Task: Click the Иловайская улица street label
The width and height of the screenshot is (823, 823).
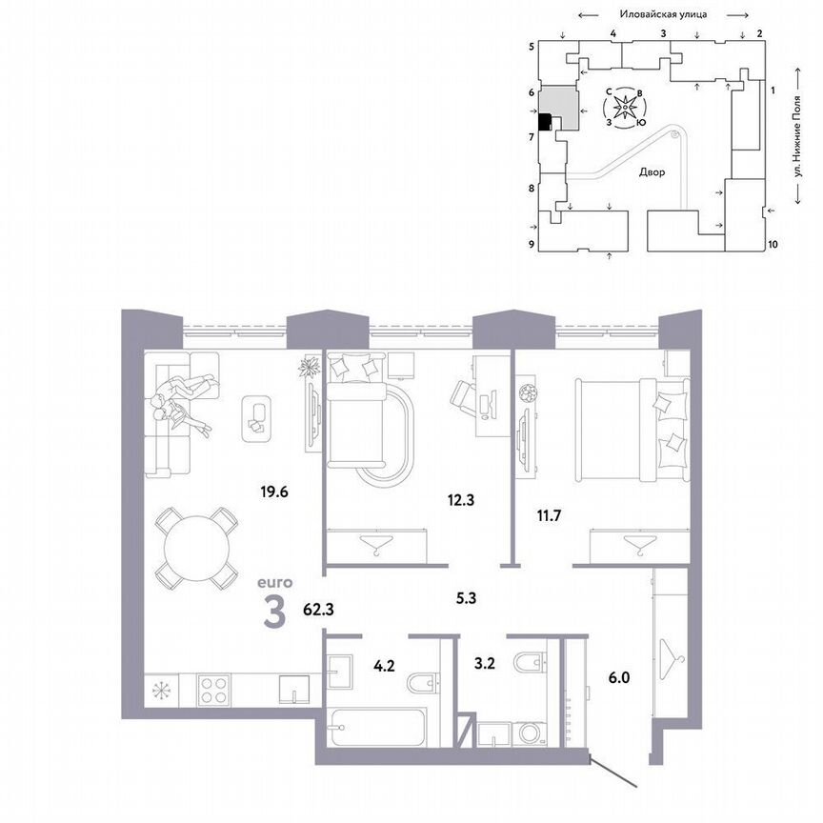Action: [661, 14]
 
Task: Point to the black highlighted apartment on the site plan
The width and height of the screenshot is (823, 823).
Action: [545, 122]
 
